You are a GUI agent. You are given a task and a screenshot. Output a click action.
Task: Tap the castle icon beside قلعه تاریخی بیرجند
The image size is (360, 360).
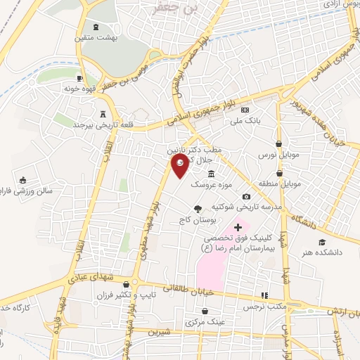pos(104,113)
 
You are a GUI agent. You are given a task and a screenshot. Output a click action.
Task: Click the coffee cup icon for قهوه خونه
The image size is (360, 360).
pos(81,77)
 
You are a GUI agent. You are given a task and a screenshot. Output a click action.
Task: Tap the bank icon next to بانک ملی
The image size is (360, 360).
pos(245,110)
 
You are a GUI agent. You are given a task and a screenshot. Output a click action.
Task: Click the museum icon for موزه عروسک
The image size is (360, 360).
pos(211,174)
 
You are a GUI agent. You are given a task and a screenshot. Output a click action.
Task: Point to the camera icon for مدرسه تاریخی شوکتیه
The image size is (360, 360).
pos(246,196)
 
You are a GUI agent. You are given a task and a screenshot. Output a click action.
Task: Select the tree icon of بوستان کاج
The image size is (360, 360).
pos(198,208)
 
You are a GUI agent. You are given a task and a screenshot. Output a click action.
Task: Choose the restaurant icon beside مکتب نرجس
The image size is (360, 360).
pos(264,295)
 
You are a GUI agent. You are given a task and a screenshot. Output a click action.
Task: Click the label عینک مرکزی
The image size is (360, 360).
pos(206,322)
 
